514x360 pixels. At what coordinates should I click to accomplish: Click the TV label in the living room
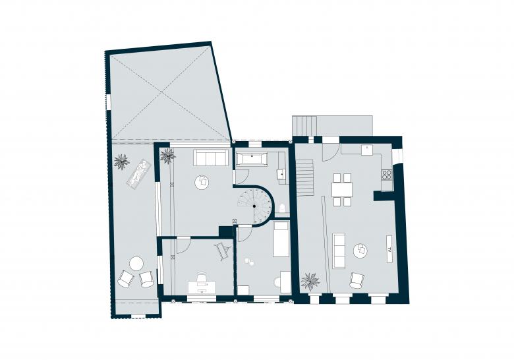[389, 249]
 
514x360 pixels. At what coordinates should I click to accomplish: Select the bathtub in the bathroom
[252, 160]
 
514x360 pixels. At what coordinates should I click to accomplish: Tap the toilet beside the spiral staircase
[282, 208]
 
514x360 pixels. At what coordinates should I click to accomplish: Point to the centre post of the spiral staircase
[254, 206]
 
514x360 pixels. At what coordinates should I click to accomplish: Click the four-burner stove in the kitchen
[387, 174]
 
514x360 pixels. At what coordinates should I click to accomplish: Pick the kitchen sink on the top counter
[367, 150]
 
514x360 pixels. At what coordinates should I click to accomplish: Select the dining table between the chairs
[342, 189]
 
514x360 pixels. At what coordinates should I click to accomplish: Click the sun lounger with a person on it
[139, 173]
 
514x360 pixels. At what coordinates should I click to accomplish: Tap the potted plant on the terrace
[121, 162]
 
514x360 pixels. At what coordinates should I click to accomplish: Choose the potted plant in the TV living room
[310, 282]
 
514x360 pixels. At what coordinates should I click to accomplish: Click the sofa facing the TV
[339, 251]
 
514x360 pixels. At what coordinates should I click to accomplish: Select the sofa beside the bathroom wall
[211, 158]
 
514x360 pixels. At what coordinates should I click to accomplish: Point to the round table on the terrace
[136, 264]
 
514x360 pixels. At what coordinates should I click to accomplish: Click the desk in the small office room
[202, 286]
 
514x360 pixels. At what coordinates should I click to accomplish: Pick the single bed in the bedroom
[281, 239]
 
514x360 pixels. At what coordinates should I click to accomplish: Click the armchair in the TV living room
[357, 280]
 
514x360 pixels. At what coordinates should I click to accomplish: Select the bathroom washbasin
[281, 174]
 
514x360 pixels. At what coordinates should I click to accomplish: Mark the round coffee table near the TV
[360, 251]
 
